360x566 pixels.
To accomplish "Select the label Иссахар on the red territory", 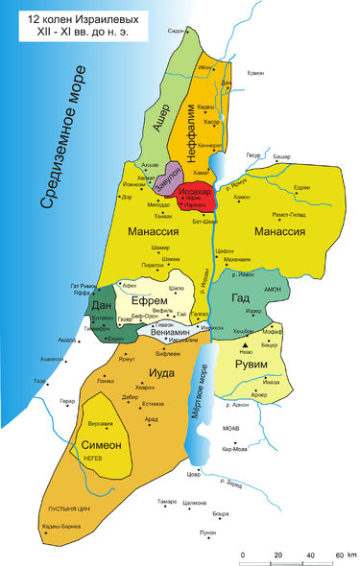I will pyautogui.click(x=196, y=193).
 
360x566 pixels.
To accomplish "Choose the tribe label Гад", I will pyautogui.click(x=240, y=297).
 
